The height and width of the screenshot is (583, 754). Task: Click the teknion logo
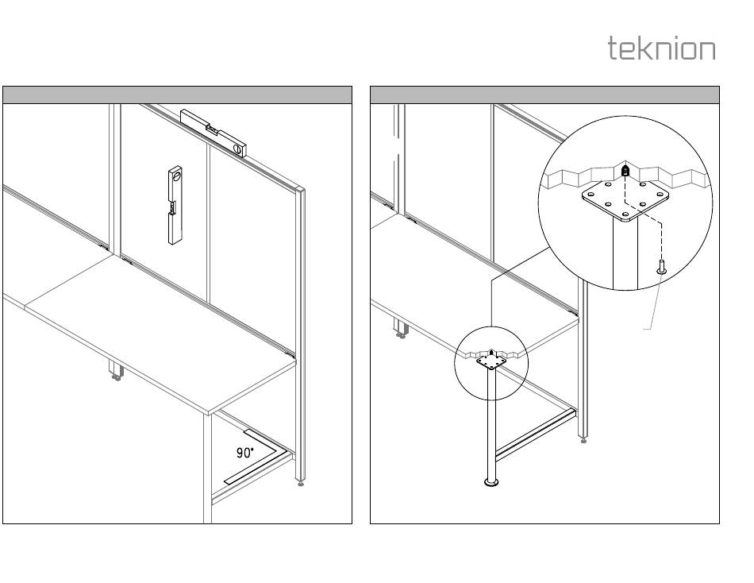(661, 48)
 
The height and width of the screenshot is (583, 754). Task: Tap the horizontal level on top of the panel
(214, 132)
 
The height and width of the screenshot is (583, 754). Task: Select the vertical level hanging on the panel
(175, 205)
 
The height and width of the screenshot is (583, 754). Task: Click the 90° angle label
(245, 453)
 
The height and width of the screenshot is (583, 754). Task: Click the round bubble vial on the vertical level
(176, 176)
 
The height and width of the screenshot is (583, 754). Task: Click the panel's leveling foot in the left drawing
(300, 481)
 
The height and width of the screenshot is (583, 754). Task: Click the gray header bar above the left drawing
(177, 95)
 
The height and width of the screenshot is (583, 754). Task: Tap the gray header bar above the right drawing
(544, 95)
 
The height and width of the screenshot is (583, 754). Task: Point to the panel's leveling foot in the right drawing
(584, 437)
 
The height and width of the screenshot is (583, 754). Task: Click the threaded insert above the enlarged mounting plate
(625, 170)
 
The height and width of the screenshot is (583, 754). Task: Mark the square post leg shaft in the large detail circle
(623, 254)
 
